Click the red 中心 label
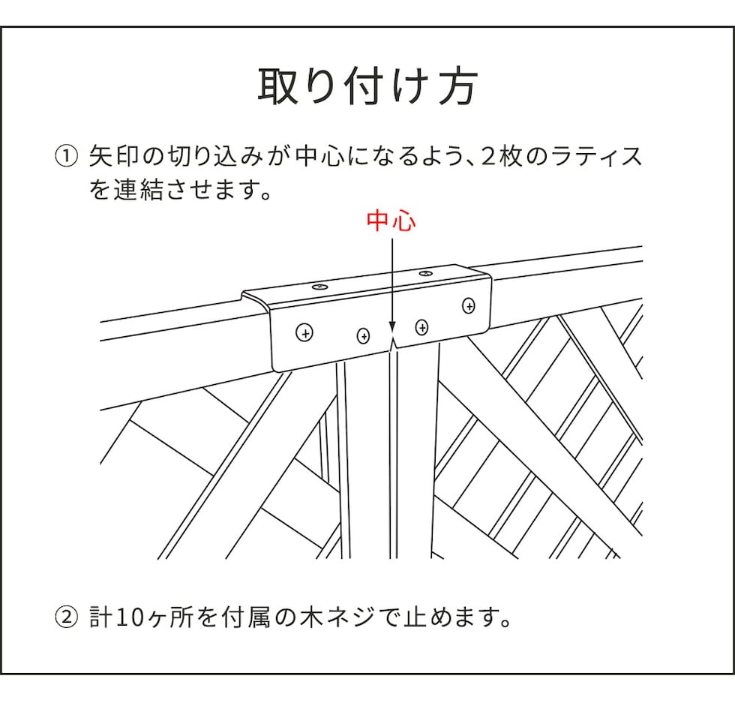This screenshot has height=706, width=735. [391, 221]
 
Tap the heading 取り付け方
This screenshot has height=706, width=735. [367, 87]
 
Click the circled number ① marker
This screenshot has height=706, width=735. [66, 157]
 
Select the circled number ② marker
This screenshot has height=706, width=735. [66, 617]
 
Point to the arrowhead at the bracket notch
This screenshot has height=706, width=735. [392, 328]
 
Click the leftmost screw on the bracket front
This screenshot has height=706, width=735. [304, 333]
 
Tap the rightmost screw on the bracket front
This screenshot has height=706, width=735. [469, 306]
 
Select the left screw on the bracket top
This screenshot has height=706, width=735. [319, 286]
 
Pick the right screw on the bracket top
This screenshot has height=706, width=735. [426, 272]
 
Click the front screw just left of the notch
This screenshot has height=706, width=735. [363, 335]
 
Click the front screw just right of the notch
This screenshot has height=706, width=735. [421, 327]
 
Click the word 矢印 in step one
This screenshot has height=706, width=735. [113, 157]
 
